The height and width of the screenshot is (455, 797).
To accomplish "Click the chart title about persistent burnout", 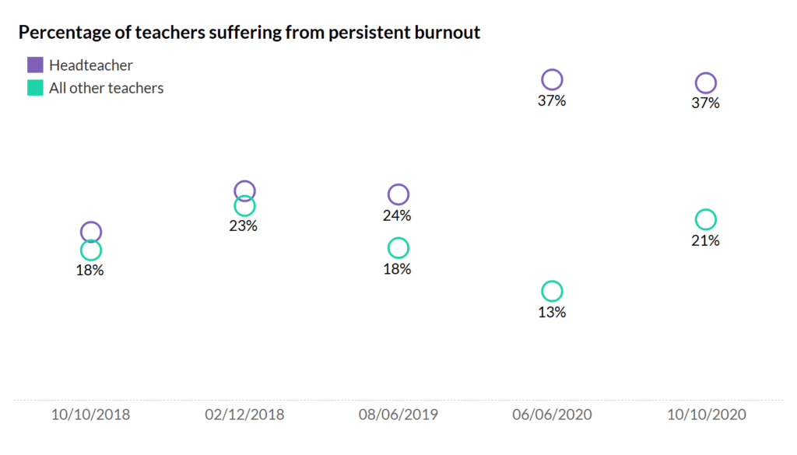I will click(x=249, y=32).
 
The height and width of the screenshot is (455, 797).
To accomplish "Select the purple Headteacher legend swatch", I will click(x=35, y=65).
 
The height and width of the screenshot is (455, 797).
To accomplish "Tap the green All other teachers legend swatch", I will click(x=35, y=88).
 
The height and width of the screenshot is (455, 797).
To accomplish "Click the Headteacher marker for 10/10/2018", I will click(x=91, y=231).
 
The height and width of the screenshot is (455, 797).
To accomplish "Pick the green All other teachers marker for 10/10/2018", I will click(x=91, y=250).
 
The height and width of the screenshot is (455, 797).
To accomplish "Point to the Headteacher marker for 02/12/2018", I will click(x=244, y=191).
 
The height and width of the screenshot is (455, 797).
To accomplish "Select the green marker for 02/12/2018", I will click(x=244, y=206).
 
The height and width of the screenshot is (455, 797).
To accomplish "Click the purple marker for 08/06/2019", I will click(x=398, y=194).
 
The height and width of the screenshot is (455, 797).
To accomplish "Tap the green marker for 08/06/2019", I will click(x=398, y=248).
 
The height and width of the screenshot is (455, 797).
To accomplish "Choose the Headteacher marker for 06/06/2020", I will click(x=552, y=79).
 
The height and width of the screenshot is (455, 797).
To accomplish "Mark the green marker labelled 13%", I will click(x=552, y=292).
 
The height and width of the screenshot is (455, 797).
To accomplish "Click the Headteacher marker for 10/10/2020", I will click(x=705, y=82).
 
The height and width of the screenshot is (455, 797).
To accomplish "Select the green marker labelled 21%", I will click(x=705, y=219).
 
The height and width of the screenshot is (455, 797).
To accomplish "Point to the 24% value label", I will click(x=397, y=215).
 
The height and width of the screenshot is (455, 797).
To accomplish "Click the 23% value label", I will click(x=243, y=226).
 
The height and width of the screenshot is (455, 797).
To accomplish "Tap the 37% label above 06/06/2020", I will click(x=552, y=101).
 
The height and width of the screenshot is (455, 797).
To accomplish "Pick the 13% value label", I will click(x=552, y=313).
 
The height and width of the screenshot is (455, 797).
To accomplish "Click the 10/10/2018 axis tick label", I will click(x=91, y=415).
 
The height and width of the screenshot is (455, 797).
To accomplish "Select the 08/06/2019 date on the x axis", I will click(x=398, y=415).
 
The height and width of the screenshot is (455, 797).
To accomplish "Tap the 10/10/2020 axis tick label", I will click(x=706, y=415).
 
